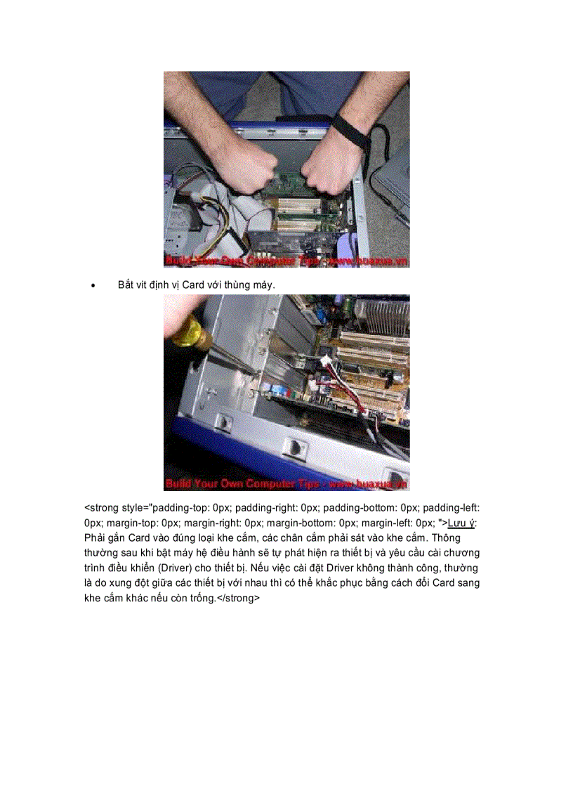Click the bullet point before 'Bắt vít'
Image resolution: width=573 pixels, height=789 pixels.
pos(93,287)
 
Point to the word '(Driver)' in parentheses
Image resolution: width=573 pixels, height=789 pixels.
pos(181,568)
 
